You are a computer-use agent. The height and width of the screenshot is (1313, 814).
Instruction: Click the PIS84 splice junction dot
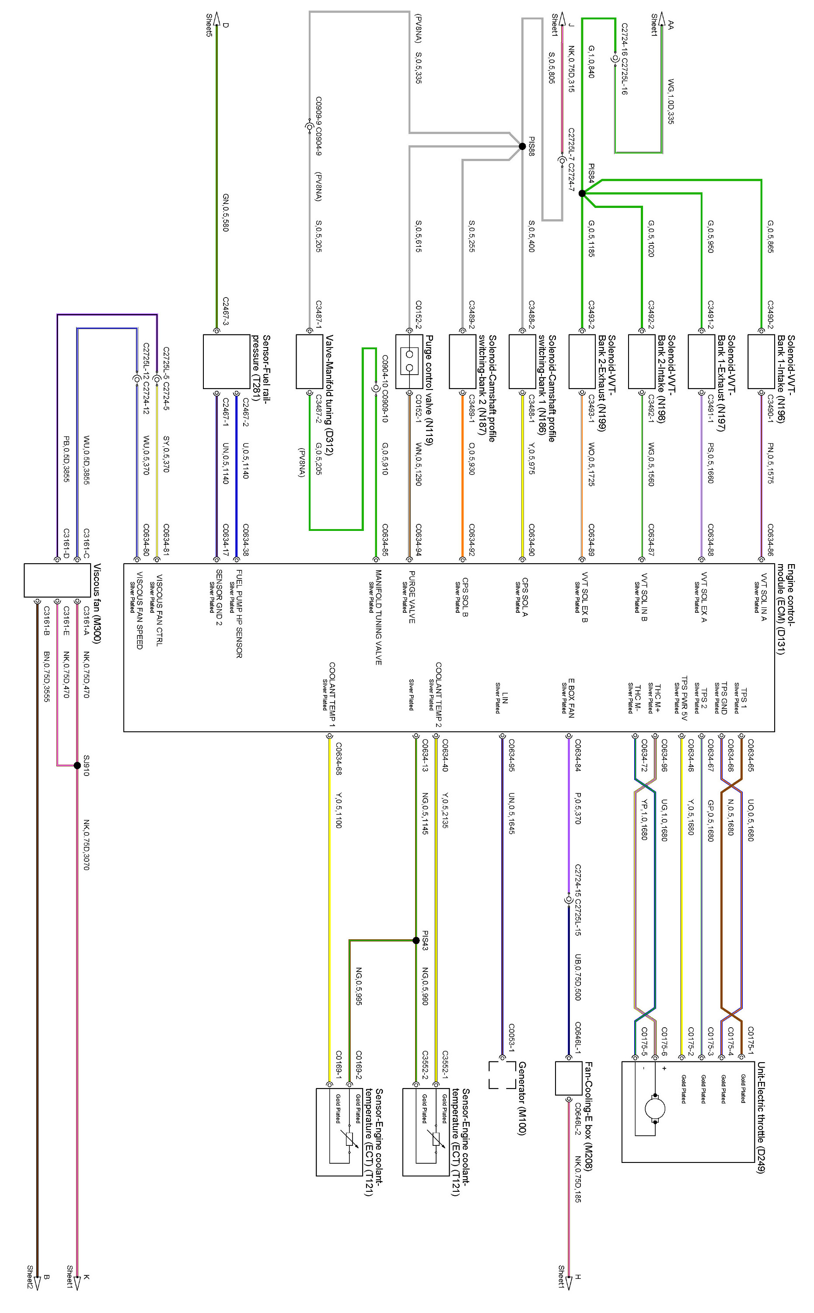click(x=582, y=193)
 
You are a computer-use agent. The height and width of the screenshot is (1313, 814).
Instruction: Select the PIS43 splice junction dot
click(x=416, y=940)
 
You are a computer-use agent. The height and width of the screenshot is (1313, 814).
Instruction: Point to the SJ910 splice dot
click(x=77, y=765)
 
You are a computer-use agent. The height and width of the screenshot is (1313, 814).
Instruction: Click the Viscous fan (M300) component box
click(x=57, y=580)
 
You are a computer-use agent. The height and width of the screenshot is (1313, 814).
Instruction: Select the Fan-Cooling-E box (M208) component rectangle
click(x=569, y=1078)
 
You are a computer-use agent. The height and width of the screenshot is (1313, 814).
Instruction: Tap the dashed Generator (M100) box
click(x=502, y=1075)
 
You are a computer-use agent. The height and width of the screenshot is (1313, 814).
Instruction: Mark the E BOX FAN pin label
click(x=571, y=698)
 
